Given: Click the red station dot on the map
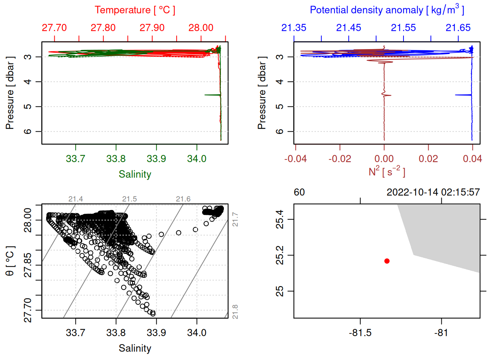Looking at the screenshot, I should click(387, 261).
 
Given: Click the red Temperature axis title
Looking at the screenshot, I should click(135, 10).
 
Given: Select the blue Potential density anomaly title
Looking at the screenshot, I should click(387, 10).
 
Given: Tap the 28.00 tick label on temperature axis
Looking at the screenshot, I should click(201, 28).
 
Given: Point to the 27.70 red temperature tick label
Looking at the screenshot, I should click(54, 28).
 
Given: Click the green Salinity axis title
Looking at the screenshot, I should click(135, 174).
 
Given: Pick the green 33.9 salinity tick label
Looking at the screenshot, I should click(156, 159).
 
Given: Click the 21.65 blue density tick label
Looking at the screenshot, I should click(458, 28).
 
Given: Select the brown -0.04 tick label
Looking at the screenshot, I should click(295, 159).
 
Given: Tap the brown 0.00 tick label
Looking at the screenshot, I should click(384, 159).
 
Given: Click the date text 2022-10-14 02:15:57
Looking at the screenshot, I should click(433, 192).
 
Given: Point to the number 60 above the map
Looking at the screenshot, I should click(299, 192).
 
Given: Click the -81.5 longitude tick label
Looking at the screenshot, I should click(360, 333).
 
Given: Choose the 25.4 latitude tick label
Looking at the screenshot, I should click(280, 219).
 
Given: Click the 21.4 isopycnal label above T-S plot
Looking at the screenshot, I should click(76, 199).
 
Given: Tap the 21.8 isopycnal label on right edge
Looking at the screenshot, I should click(235, 312).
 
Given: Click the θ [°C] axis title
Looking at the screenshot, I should click(10, 261).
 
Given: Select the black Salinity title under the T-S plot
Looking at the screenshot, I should click(135, 348).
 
